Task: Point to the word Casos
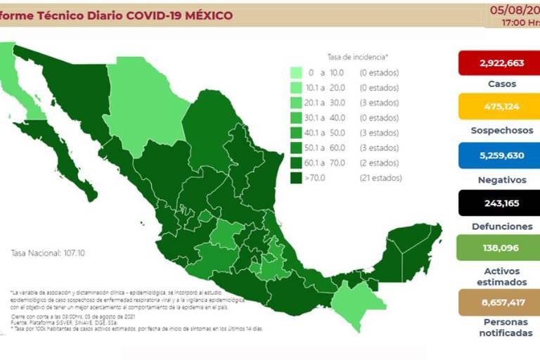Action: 501,84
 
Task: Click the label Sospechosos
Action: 501,131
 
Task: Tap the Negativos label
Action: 501,180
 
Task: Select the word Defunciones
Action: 501,226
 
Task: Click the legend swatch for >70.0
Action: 297,178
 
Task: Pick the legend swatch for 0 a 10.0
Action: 297,72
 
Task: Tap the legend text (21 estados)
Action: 380,178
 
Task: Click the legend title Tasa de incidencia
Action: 358,56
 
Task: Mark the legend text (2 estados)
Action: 379,162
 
